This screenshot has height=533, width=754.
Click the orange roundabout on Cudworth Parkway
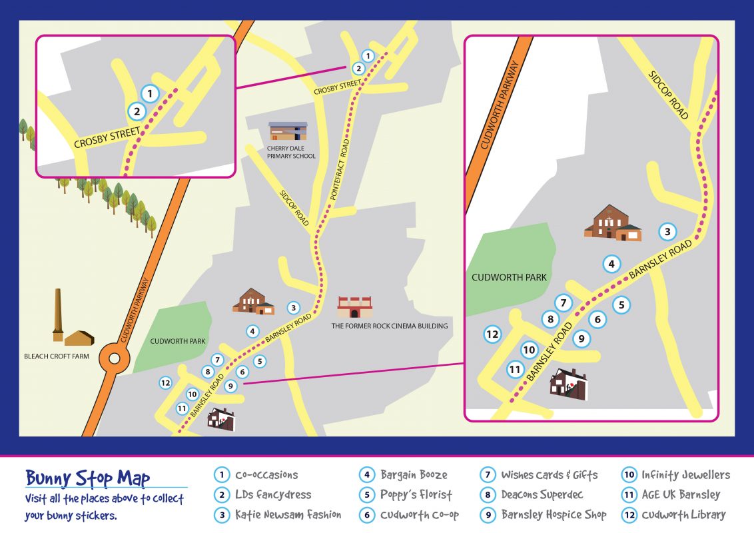(x=113, y=360)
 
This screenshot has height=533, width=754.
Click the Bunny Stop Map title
(x=87, y=478)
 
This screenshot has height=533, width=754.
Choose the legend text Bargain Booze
(x=414, y=475)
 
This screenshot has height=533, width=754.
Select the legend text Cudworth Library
(x=683, y=515)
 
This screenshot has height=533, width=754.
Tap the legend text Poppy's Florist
(x=416, y=495)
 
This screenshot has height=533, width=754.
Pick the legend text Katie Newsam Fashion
(x=288, y=515)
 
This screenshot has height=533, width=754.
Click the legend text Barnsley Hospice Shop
(x=554, y=515)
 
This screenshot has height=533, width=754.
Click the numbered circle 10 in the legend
(x=629, y=475)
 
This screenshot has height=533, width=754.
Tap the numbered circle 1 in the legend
(x=221, y=475)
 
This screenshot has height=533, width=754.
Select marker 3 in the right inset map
(x=667, y=232)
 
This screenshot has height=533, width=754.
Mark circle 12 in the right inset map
(x=492, y=334)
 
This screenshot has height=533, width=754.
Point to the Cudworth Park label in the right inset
(x=509, y=277)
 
